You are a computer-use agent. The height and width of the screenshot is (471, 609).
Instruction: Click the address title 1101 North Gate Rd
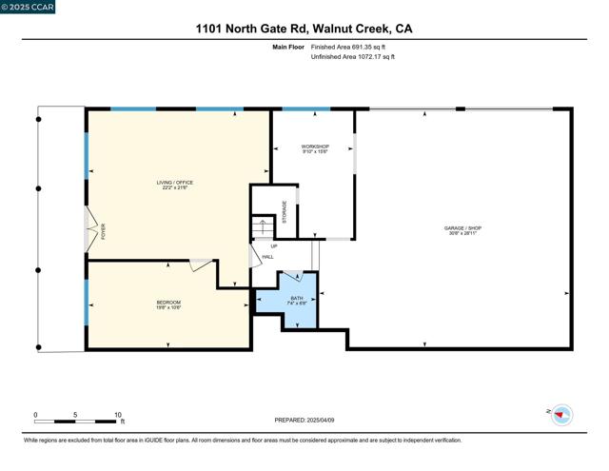[304, 29]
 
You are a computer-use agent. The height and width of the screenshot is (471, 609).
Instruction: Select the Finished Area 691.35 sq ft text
[348, 46]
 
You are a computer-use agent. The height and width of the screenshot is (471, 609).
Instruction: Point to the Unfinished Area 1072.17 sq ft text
[352, 57]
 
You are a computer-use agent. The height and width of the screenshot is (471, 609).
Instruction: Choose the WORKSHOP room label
[315, 148]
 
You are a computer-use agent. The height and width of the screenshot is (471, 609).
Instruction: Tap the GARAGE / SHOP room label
[463, 230]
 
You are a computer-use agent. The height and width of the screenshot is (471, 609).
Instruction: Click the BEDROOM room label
[168, 304]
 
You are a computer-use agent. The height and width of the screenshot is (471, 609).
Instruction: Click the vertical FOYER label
[104, 230]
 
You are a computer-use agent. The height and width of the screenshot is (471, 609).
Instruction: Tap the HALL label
[268, 256]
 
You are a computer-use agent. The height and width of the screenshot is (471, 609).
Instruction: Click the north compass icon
[562, 414]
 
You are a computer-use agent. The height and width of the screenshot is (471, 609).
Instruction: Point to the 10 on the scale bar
[118, 415]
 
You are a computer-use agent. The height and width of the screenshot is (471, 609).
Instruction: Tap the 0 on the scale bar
[35, 415]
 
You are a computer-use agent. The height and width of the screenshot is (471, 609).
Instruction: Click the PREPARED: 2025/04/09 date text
[304, 420]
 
